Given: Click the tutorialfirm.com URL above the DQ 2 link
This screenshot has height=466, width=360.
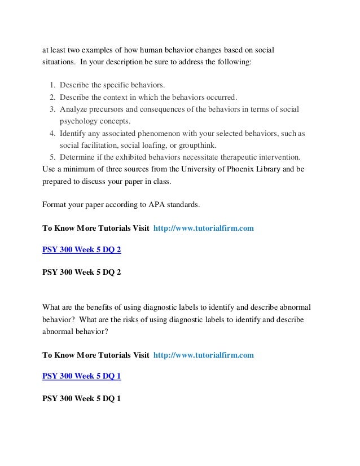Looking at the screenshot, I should [x=204, y=228].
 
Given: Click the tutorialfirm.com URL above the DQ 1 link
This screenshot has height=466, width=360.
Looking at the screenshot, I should [x=204, y=355].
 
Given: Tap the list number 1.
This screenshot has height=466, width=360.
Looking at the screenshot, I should [x=51, y=85].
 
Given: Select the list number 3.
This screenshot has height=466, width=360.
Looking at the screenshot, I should [x=51, y=109].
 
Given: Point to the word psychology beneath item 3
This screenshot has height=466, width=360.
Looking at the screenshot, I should [x=78, y=121].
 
